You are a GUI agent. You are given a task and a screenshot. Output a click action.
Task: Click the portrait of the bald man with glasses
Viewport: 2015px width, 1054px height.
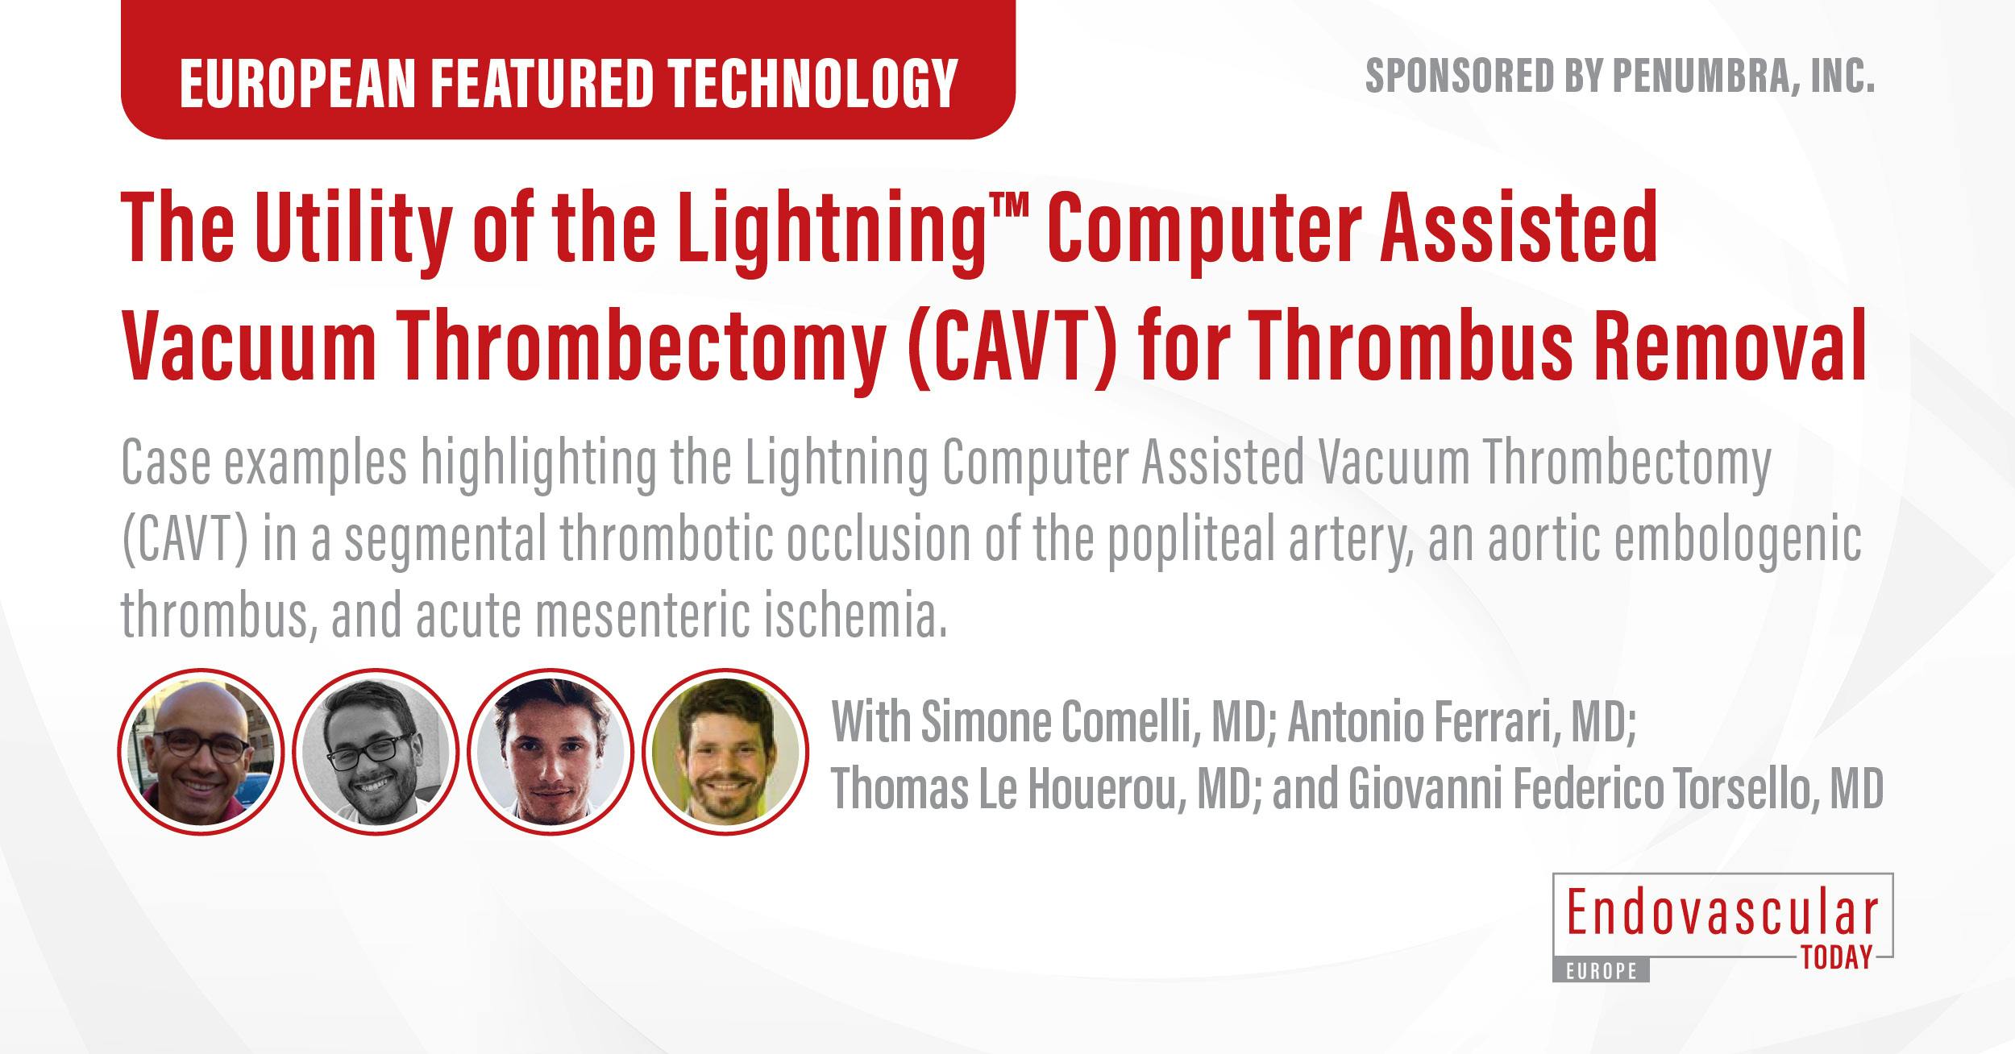tap(201, 751)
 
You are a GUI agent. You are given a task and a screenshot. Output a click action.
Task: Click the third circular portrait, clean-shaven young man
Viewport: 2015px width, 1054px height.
tap(550, 751)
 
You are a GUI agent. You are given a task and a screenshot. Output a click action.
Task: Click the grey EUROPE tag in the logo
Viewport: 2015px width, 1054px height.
tap(1602, 972)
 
